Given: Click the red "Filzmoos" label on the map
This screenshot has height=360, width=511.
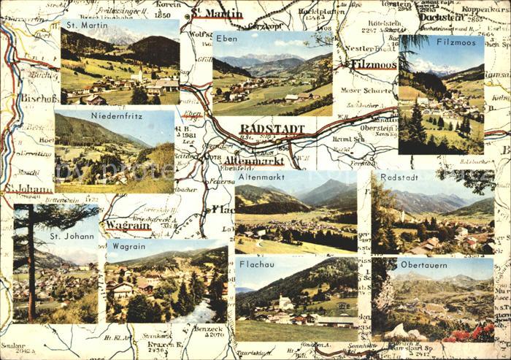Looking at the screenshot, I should click(x=374, y=64).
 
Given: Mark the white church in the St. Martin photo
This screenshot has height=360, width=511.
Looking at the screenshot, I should click(x=137, y=74).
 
